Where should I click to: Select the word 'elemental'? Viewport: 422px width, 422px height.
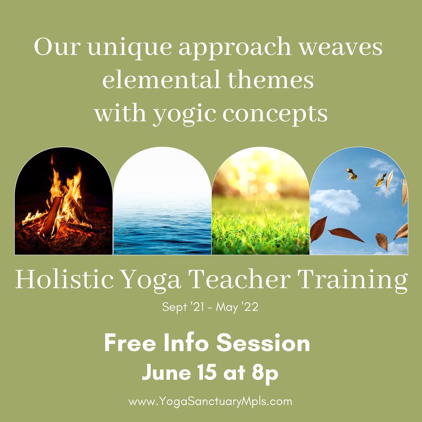click(161, 80)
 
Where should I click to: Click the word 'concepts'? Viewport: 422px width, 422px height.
click(275, 114)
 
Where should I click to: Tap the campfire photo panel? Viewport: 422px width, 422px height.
click(64, 201)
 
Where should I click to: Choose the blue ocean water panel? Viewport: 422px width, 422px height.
click(162, 201)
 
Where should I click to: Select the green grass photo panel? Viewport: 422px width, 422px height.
click(261, 201)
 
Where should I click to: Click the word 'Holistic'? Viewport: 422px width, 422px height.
click(64, 279)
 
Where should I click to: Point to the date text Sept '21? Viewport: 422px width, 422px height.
click(183, 307)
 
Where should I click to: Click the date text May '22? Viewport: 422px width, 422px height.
click(237, 307)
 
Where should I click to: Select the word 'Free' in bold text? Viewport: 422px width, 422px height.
click(130, 343)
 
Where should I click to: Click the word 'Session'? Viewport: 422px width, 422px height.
click(263, 343)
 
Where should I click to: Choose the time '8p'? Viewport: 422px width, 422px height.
click(265, 374)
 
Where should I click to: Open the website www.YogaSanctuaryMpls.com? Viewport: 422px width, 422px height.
click(210, 402)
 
